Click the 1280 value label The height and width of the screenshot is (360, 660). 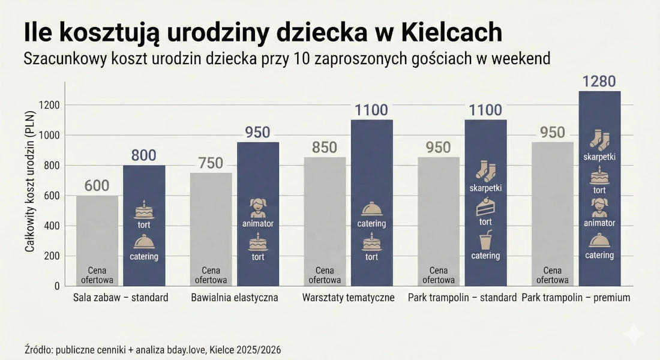599,82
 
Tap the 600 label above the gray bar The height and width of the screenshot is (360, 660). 97,186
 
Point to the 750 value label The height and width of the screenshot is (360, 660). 211,163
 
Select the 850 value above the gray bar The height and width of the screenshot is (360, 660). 325,148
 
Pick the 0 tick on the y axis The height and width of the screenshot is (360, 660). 56,286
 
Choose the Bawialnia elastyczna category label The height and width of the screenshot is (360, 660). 235,298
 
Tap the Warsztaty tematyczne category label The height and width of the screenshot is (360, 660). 348,298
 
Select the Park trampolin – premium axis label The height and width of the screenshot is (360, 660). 576,298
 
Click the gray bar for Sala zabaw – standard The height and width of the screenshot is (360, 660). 97,240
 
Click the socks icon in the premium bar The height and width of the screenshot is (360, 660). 599,140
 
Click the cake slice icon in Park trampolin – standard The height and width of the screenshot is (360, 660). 485,208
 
